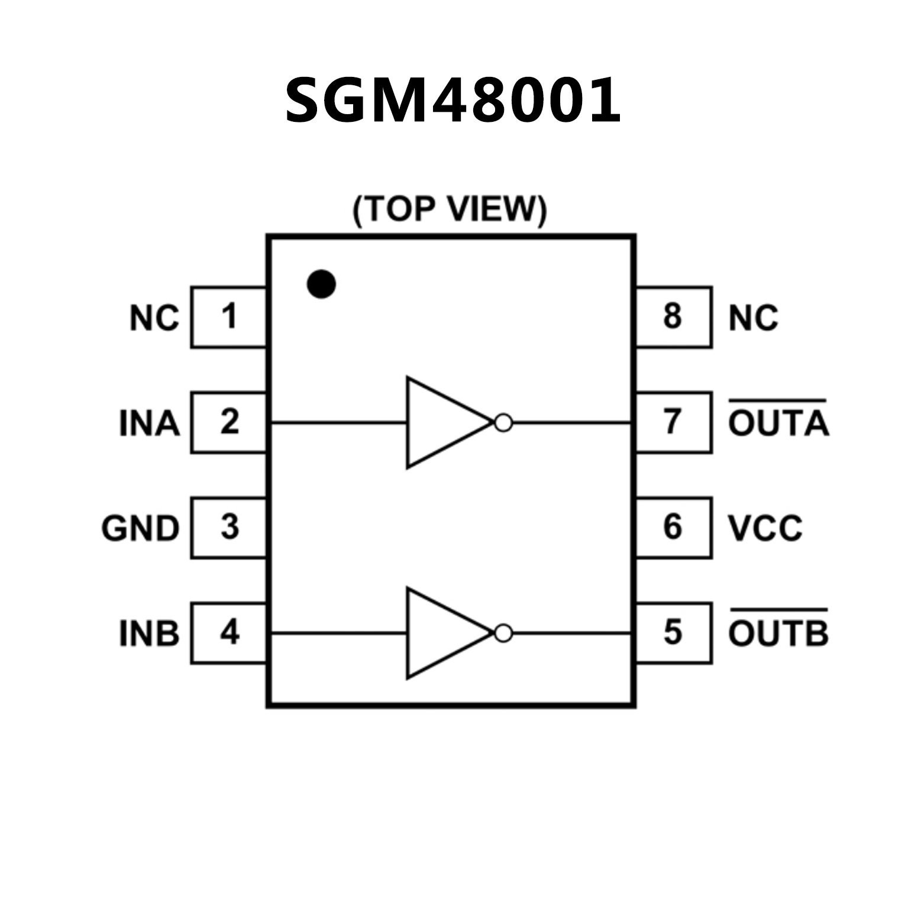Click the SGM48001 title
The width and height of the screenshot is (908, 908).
[x=453, y=101]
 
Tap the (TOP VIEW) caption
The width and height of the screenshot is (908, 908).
[x=450, y=209]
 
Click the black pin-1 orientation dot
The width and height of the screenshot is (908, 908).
[x=321, y=284]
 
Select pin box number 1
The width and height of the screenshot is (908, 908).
[x=229, y=317]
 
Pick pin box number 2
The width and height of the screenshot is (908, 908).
[x=229, y=422]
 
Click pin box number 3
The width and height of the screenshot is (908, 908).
[x=229, y=528]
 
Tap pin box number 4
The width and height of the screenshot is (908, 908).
[x=229, y=633]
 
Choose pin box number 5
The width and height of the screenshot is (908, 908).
[x=673, y=633]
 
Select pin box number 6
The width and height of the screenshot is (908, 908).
[x=673, y=528]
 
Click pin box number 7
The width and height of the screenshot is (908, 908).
[x=673, y=422]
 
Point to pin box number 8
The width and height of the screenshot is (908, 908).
[x=673, y=317]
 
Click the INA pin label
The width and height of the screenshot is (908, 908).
[x=149, y=424]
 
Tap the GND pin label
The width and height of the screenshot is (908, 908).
[x=140, y=528]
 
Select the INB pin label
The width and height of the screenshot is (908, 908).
[x=149, y=634]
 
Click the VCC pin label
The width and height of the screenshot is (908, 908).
[x=765, y=528]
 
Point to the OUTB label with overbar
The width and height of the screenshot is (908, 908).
[x=778, y=632]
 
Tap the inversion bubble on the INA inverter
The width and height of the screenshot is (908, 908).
[x=503, y=422]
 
